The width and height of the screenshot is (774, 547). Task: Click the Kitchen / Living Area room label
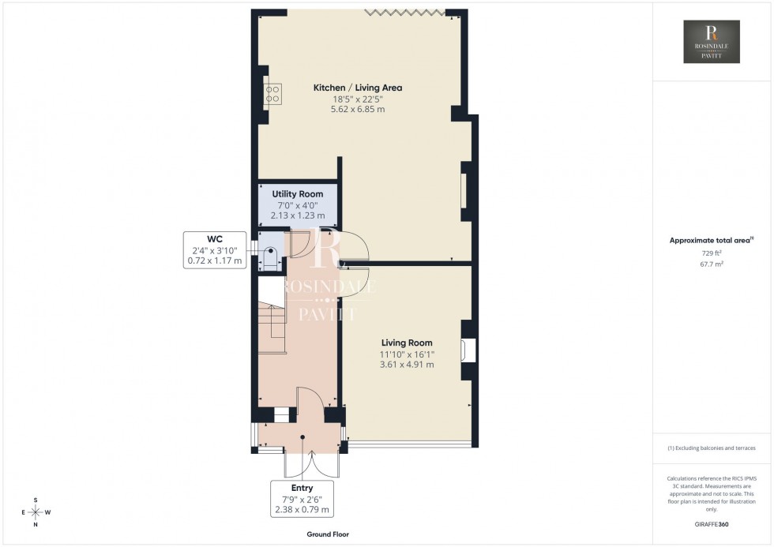pyautogui.click(x=358, y=88)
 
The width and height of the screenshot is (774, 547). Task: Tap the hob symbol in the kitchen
pyautogui.click(x=272, y=95)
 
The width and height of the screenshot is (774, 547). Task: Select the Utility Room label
pyautogui.click(x=298, y=194)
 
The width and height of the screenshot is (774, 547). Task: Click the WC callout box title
pyautogui.click(x=215, y=238)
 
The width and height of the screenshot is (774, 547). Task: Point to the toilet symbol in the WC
pyautogui.click(x=269, y=257)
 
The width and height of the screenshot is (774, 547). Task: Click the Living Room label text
pyautogui.click(x=407, y=343)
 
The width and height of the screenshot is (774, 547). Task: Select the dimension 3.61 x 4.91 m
pyautogui.click(x=407, y=365)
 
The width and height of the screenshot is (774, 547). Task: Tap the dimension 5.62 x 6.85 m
pyautogui.click(x=358, y=110)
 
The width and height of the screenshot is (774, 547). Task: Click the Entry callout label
pyautogui.click(x=302, y=488)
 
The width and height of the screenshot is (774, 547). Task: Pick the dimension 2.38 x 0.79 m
pyautogui.click(x=302, y=509)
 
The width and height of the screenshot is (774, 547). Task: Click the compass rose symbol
pyautogui.click(x=36, y=512)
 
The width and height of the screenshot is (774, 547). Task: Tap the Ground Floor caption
pyautogui.click(x=328, y=534)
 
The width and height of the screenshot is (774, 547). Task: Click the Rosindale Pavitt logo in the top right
pyautogui.click(x=712, y=42)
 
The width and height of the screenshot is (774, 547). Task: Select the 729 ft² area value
pyautogui.click(x=712, y=253)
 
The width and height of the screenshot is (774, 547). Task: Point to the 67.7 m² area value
pyautogui.click(x=712, y=264)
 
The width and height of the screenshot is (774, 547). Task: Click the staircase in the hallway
pyautogui.click(x=271, y=332)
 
